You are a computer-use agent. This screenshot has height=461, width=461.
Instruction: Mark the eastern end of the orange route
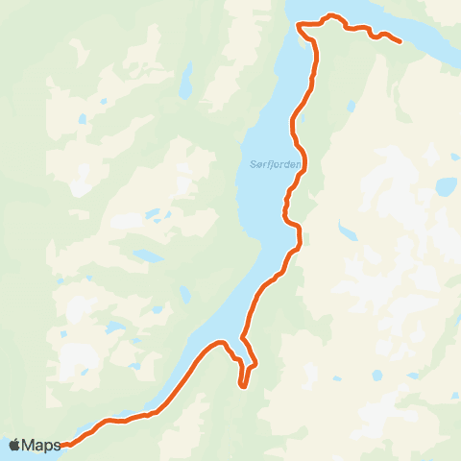pyautogui.click(x=399, y=41)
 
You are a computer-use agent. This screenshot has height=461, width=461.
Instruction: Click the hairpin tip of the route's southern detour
pyautogui.click(x=244, y=386)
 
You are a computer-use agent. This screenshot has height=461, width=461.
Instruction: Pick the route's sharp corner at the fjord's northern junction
pyautogui.click(x=299, y=24)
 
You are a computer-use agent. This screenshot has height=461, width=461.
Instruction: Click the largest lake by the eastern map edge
pyautogui.click(x=446, y=186)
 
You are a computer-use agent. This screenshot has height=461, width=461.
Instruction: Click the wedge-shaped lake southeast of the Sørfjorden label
pyautogui.click(x=345, y=230)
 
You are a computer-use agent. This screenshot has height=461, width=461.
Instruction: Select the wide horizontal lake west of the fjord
pyautogui.click(x=149, y=256)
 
